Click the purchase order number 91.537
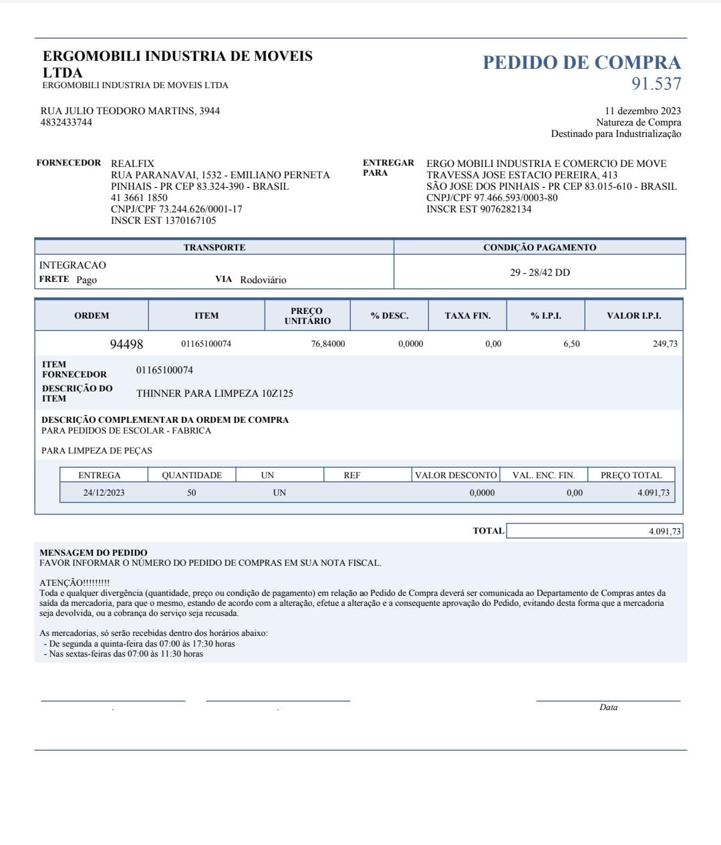tap(656, 84)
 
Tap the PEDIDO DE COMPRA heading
tap(581, 63)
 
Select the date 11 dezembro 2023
tap(642, 111)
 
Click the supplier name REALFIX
tap(132, 164)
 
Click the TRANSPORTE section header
tap(214, 247)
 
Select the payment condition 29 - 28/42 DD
tap(540, 273)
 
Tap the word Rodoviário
tap(263, 280)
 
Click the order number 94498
tap(126, 344)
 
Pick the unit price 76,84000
tap(327, 344)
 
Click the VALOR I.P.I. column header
tap(633, 315)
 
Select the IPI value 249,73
tap(665, 344)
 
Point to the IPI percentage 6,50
tap(571, 344)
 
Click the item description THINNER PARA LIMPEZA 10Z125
tap(214, 393)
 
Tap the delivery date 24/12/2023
tap(104, 493)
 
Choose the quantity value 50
tap(192, 493)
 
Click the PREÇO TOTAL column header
tap(631, 476)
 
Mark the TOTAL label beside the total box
tap(488, 531)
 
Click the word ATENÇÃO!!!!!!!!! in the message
tap(75, 583)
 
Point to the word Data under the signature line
tap(608, 707)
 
